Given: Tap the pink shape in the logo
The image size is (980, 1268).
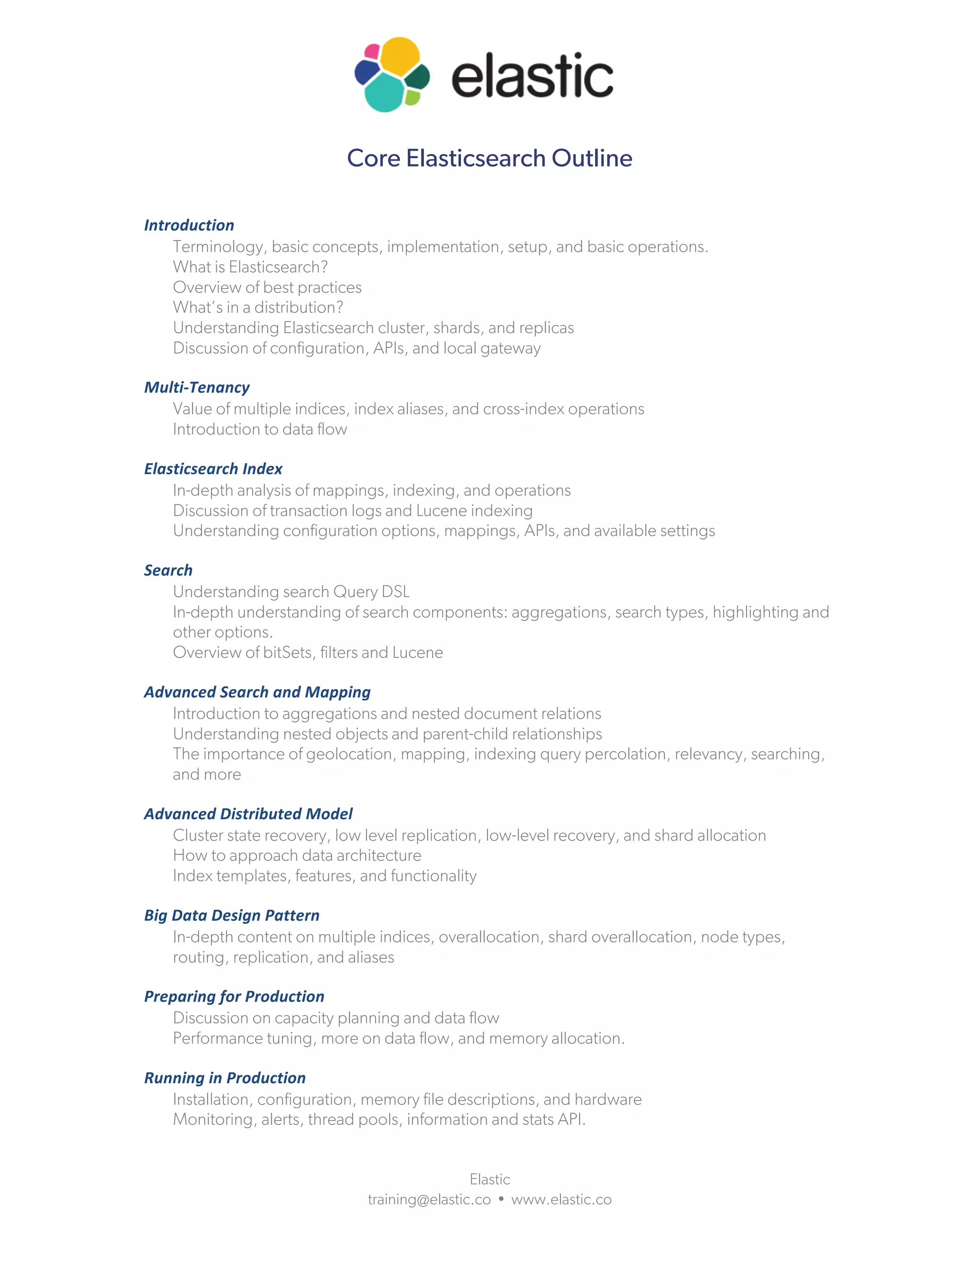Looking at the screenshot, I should click(371, 51).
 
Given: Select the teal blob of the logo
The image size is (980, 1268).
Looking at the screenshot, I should click(384, 92).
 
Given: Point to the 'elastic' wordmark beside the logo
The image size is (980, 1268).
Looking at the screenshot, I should click(532, 75).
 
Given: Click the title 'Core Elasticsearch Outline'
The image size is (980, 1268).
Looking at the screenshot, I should click(490, 158).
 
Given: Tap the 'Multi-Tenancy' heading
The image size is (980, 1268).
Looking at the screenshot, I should click(197, 387).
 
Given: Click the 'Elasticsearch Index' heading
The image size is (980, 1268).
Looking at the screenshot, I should click(213, 468).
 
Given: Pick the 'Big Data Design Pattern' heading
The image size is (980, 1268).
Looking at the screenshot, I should click(232, 915).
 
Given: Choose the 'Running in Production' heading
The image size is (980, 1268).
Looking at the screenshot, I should click(225, 1078).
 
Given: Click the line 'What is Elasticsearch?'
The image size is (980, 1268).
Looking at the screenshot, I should click(250, 267).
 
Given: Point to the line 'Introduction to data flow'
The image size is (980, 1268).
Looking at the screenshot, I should click(259, 429).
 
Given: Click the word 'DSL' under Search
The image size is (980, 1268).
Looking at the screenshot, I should click(395, 591).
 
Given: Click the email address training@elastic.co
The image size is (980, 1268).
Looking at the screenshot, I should click(429, 1200).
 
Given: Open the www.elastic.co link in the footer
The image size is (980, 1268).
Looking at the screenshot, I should click(561, 1200).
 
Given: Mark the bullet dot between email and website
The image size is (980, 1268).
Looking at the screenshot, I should click(501, 1198).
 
